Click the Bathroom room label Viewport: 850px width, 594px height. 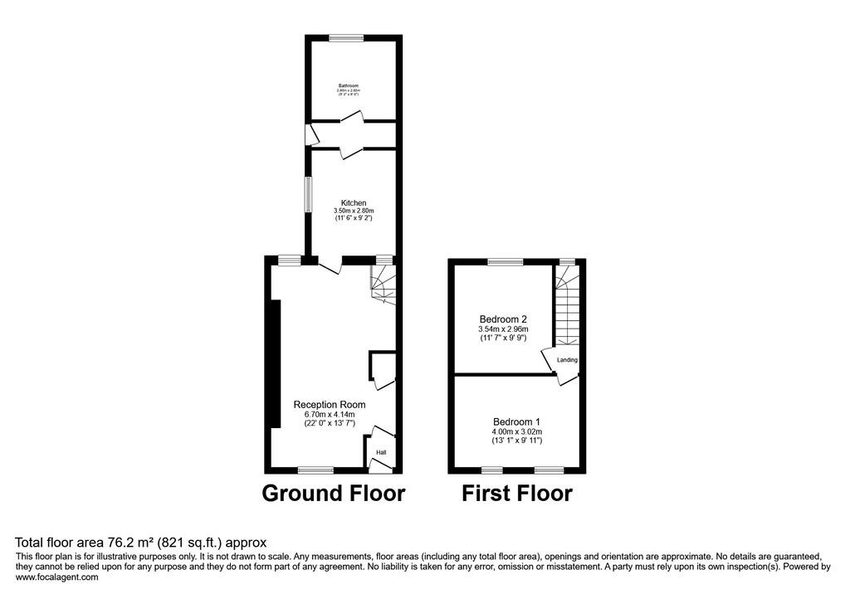click(348, 86)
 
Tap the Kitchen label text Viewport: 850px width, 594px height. click(354, 203)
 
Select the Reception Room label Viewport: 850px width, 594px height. click(330, 405)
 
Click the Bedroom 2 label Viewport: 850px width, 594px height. click(504, 319)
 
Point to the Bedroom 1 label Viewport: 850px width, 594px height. click(517, 421)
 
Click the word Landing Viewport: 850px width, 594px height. click(568, 360)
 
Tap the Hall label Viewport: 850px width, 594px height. click(381, 452)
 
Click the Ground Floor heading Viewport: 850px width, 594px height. click(334, 494)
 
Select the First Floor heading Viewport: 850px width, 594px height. click(517, 494)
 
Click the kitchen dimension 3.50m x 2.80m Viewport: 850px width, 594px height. click(354, 212)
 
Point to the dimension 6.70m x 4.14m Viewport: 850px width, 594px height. click(330, 414)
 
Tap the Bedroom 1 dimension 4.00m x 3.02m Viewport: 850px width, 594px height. click(517, 431)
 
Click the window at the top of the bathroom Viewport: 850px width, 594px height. click(345, 37)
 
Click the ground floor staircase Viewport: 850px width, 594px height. click(383, 285)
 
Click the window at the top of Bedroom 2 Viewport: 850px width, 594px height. click(506, 262)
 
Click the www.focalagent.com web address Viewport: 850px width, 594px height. click(57, 577)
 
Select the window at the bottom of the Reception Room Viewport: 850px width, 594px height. click(315, 470)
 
